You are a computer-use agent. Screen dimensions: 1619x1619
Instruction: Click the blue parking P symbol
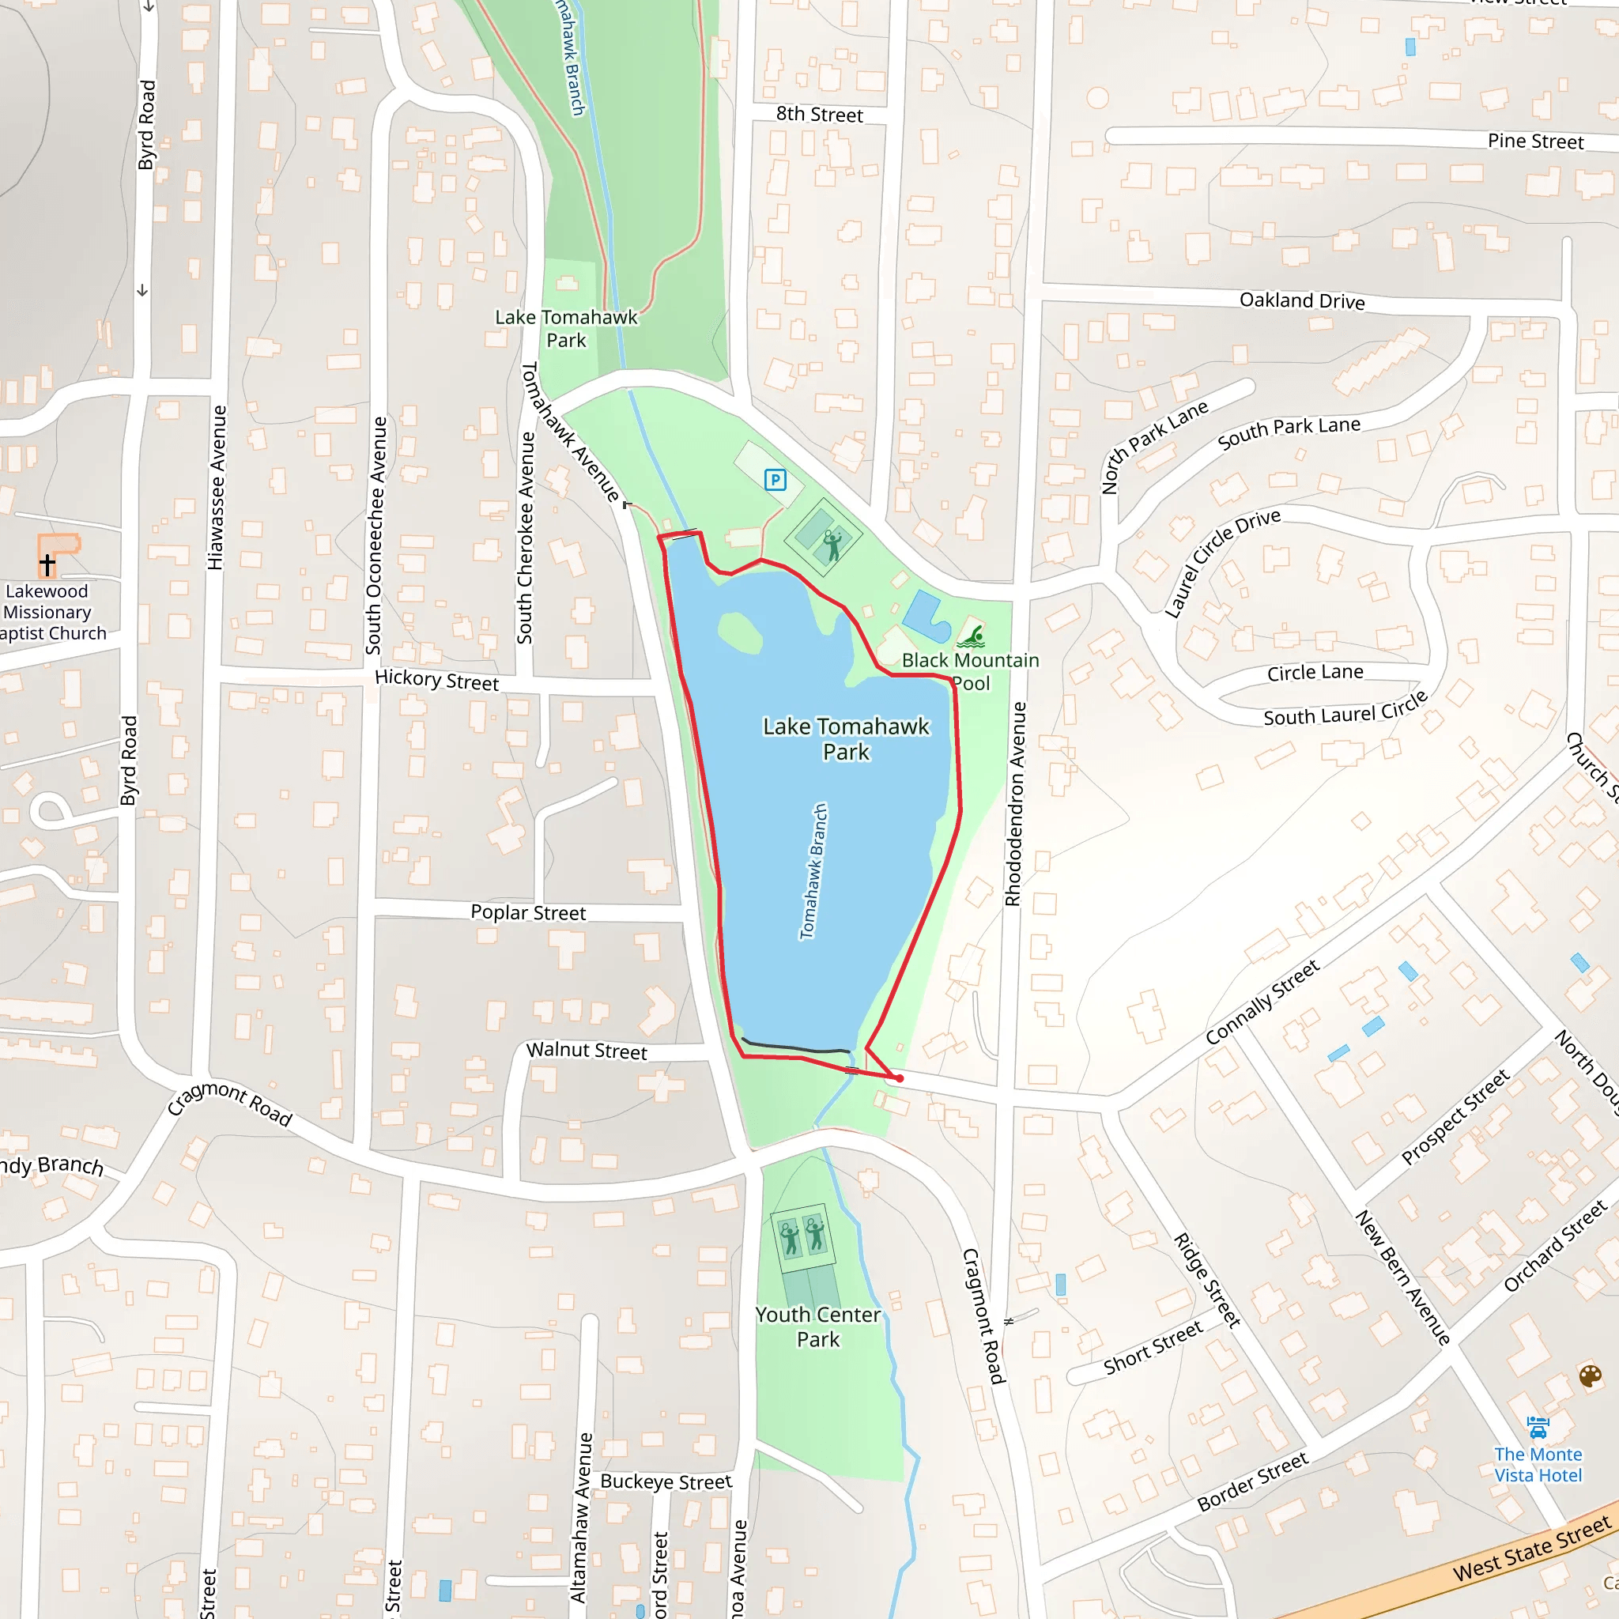tap(776, 480)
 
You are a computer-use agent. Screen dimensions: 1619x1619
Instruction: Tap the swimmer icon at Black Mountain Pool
tap(972, 636)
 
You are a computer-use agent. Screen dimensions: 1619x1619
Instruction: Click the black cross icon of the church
tap(47, 564)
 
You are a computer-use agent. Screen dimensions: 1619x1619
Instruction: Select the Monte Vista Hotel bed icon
tap(1538, 1427)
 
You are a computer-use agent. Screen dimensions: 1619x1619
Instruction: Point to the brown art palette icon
tap(1590, 1376)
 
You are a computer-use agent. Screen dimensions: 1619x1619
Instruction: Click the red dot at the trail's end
tap(899, 1078)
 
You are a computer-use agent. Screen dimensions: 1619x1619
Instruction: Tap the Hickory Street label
tap(436, 680)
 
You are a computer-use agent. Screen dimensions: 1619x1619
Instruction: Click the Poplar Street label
tap(528, 912)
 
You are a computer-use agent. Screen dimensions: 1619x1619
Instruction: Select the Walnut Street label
tap(587, 1051)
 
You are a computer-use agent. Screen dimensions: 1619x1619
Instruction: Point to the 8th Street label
tap(819, 114)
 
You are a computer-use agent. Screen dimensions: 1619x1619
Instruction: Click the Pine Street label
tap(1535, 141)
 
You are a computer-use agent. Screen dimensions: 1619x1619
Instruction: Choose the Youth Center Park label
tap(818, 1327)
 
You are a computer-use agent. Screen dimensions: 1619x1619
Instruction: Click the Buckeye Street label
tap(666, 1481)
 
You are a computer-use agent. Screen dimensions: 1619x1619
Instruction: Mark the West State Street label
tap(1532, 1549)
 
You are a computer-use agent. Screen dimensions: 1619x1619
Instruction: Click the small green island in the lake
tap(739, 632)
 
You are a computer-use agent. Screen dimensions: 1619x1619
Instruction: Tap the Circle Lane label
tap(1315, 673)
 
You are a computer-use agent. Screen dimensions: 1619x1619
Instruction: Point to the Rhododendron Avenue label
tap(1014, 805)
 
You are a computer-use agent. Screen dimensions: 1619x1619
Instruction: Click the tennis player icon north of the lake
tap(832, 545)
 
